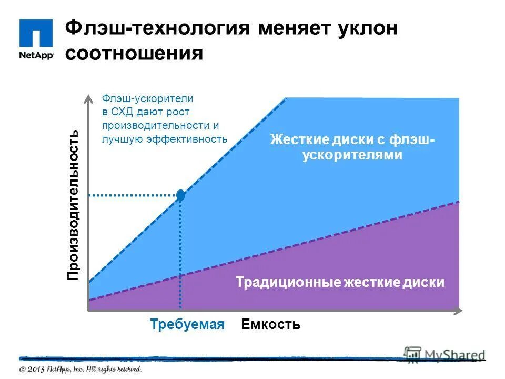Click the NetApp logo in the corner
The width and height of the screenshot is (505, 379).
point(36,39)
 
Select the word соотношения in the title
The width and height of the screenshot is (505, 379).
point(134,54)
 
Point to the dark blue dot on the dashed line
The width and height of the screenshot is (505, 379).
point(181,195)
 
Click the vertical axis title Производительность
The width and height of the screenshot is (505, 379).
point(74,205)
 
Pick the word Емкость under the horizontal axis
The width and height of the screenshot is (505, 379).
point(270,324)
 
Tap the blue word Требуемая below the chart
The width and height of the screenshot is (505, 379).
point(187,324)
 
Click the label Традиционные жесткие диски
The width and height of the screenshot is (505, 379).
point(340,282)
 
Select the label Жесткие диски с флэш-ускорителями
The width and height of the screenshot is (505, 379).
point(352,147)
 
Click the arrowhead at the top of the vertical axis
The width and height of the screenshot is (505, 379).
point(88,98)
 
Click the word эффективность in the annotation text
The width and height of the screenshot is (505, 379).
point(195,139)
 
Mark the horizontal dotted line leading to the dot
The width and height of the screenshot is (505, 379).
point(134,195)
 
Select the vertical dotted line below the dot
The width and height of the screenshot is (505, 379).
point(181,253)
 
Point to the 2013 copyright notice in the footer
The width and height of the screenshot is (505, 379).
point(81,369)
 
